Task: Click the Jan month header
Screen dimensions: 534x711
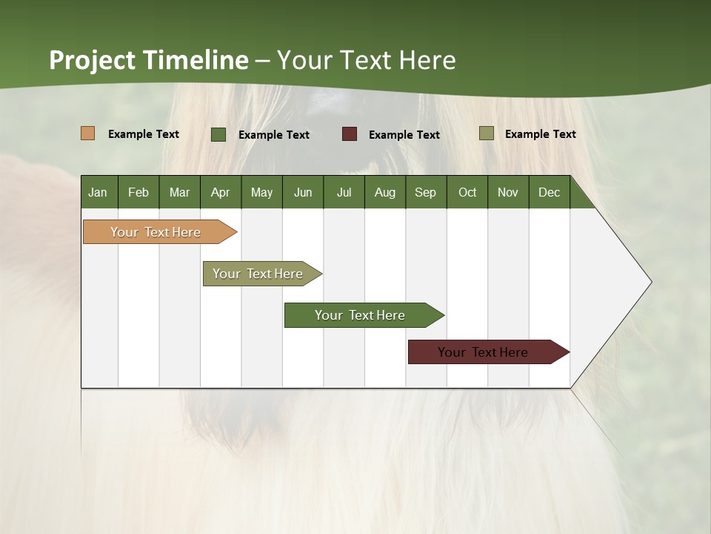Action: [x=98, y=192]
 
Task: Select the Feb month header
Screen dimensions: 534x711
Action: [x=138, y=192]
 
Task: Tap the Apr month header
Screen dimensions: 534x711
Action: [x=220, y=192]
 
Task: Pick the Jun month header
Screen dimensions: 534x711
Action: [x=303, y=192]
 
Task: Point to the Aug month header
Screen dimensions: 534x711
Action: [x=384, y=192]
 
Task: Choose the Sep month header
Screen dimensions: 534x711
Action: [x=425, y=192]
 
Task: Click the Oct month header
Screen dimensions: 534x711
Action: [x=467, y=192]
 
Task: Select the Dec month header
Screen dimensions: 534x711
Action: [x=549, y=192]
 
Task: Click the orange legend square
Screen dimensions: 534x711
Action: [x=88, y=133]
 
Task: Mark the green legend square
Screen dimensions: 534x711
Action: [x=218, y=134]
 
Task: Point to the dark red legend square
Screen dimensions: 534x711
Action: [x=350, y=134]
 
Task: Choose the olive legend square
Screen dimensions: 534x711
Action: [x=487, y=133]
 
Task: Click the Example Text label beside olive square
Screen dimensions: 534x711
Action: [x=540, y=133]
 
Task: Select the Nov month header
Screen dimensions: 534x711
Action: [x=507, y=192]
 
